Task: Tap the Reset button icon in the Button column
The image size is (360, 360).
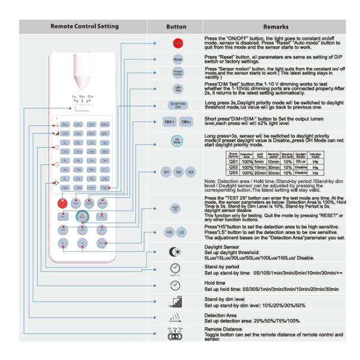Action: pos(178,61)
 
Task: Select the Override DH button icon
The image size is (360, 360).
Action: pos(178,104)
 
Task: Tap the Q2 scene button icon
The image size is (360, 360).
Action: pos(178,172)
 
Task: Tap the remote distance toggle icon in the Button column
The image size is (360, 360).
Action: pos(175,335)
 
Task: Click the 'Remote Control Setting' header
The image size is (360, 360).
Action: pos(85,27)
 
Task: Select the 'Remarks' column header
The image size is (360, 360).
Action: pos(275,27)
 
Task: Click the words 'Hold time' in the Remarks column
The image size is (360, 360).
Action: pos(215,283)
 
